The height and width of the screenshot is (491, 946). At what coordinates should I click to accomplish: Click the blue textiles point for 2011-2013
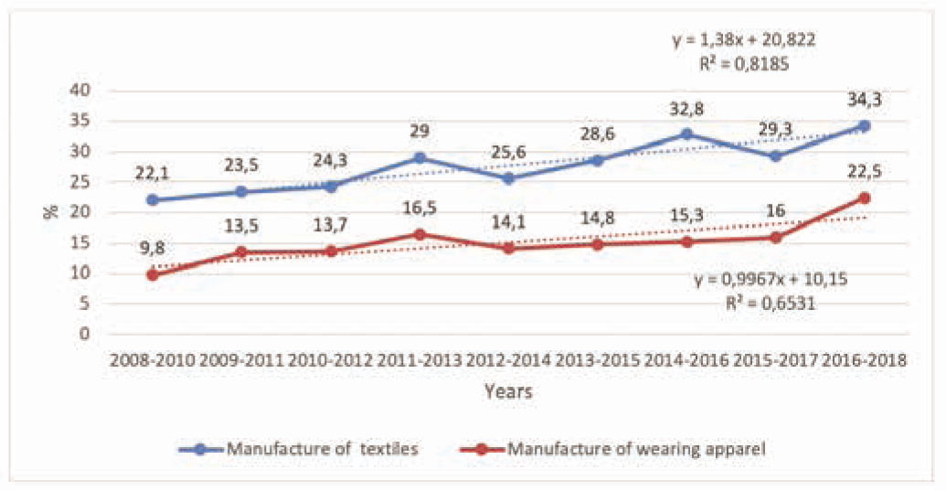420,158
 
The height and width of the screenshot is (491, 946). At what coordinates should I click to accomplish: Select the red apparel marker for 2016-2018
864,198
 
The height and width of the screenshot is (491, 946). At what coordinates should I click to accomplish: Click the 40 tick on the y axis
83,91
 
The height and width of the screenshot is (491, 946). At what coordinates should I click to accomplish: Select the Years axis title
508,392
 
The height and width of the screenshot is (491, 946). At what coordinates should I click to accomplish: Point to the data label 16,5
420,208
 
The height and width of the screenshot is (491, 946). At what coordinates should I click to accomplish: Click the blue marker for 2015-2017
775,156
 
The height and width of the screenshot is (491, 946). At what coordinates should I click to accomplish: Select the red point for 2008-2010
152,274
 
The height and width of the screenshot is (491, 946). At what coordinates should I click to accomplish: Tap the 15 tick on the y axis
83,242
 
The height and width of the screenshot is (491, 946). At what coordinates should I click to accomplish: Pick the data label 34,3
864,98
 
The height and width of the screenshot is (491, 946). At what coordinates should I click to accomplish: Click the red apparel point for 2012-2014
508,248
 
